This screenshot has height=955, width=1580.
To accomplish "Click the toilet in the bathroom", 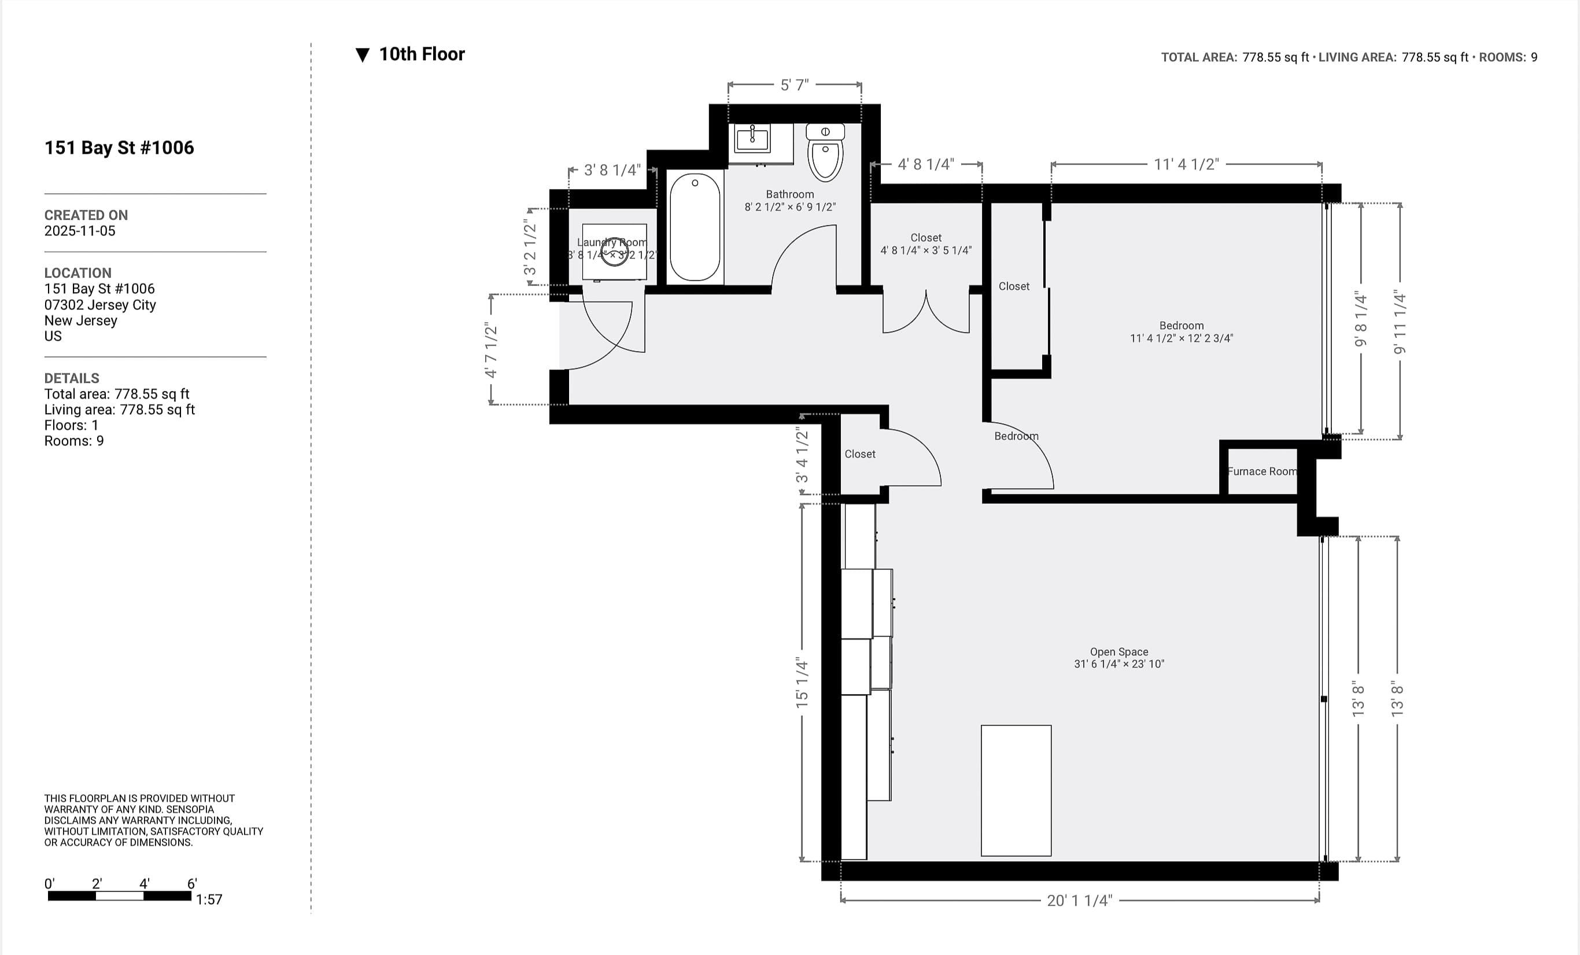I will (x=825, y=154).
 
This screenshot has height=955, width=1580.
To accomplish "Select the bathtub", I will (x=695, y=227).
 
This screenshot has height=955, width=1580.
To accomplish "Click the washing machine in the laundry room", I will (x=614, y=252).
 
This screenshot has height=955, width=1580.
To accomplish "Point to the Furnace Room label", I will (x=1261, y=471).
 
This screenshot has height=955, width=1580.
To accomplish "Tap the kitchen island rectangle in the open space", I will (x=1016, y=790).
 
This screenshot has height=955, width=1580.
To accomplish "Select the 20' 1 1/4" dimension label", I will (x=1079, y=901).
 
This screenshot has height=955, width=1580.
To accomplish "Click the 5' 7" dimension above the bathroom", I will (x=794, y=85).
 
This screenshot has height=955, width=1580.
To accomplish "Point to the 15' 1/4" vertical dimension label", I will (x=802, y=683).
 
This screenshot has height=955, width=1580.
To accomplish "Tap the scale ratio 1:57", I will (x=209, y=899).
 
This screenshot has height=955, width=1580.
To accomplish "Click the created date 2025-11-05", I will (x=79, y=231).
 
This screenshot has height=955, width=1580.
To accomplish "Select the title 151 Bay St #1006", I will (x=119, y=148).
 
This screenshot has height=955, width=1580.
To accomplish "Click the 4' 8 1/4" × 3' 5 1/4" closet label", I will (x=925, y=250).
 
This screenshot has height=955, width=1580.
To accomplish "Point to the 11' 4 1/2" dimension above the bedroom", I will (x=1186, y=164).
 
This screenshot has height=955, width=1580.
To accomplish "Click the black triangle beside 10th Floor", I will (x=362, y=55).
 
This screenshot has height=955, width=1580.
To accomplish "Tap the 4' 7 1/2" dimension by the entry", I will (x=491, y=349).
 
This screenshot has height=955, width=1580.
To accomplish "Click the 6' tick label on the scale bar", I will (x=192, y=883).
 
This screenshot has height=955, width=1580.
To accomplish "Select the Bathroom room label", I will (x=789, y=194).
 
